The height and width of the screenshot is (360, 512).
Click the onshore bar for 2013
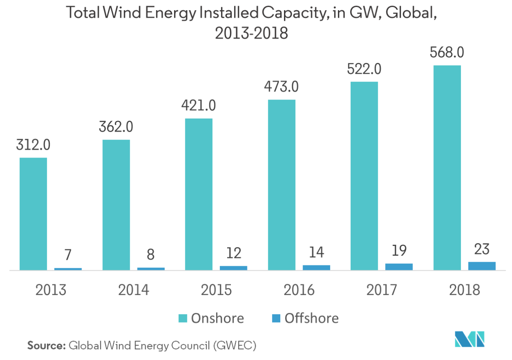[x=33, y=214]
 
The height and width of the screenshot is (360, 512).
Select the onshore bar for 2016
[x=282, y=185]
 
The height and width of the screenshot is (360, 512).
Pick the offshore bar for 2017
[x=399, y=267]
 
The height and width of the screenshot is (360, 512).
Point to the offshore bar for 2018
[x=482, y=266]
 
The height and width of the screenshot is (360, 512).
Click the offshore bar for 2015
[x=233, y=268]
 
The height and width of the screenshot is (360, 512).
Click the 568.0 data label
[x=447, y=53]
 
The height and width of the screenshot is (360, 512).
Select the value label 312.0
[x=33, y=146]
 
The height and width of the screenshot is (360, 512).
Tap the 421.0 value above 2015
[x=199, y=107]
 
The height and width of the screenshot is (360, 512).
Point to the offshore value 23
[x=482, y=250]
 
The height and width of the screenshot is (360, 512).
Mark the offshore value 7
[x=68, y=255]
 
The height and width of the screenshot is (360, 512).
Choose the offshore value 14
[x=316, y=252]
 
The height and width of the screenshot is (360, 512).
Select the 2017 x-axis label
[x=382, y=290]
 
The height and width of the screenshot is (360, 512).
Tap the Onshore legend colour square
[x=182, y=318]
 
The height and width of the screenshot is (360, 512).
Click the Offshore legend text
[x=312, y=318]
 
